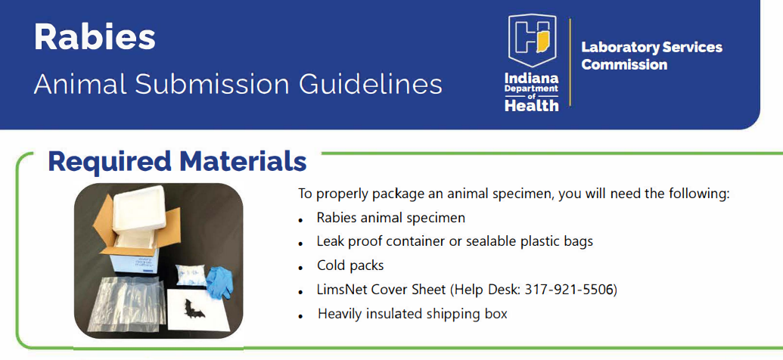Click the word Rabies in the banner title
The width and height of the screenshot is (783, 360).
95,38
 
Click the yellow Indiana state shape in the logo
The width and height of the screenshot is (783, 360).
542,39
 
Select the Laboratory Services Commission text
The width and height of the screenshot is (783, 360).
651,56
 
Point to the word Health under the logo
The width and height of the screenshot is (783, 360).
531,105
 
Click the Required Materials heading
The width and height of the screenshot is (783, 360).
177,162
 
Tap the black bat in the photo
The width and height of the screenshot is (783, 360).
194,309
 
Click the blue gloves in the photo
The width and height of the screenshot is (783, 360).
219,282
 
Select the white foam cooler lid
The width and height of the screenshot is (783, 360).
138,209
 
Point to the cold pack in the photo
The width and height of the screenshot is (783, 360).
190,276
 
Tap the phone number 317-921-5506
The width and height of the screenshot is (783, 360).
569,290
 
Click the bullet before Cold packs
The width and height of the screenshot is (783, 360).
300,268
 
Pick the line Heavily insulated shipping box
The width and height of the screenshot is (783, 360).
412,314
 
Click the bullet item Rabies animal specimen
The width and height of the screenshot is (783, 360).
391,219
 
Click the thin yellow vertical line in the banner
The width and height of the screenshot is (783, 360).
570,62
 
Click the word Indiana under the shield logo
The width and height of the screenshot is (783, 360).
531,79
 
